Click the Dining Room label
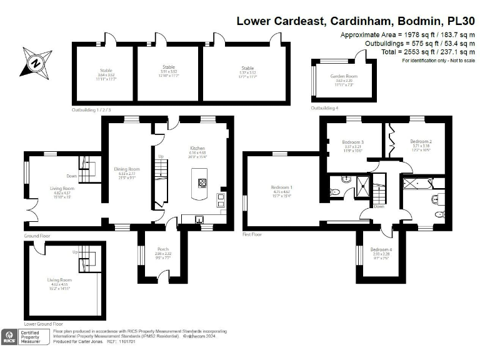[127, 169]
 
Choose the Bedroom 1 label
[282, 187]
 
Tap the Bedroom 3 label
[353, 142]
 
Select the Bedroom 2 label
[421, 142]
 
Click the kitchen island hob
[202, 184]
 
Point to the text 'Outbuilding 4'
[324, 108]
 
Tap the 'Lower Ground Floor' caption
[43, 324]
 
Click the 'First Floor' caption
[252, 234]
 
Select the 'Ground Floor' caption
[37, 236]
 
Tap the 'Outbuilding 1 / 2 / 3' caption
[91, 110]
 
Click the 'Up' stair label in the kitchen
[161, 156]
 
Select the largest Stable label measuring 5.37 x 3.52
[247, 68]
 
